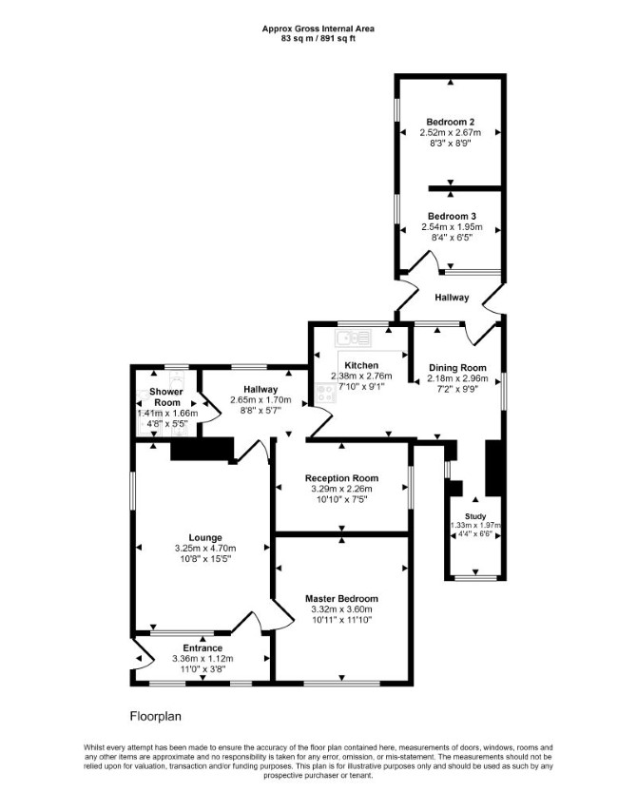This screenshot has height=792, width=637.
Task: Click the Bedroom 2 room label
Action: tap(450, 122)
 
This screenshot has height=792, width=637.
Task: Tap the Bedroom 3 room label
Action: tap(452, 216)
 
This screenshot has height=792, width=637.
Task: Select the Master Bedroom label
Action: tap(341, 599)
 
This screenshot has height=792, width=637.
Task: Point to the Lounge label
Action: tap(205, 538)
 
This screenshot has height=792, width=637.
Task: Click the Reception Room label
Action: tap(341, 478)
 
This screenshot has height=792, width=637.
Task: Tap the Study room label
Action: tap(475, 516)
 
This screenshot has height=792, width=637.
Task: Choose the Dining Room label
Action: tap(457, 368)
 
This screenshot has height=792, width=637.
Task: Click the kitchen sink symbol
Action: tap(354, 338)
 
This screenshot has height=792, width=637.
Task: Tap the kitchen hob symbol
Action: tap(325, 394)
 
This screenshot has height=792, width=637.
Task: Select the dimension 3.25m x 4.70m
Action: tap(205, 549)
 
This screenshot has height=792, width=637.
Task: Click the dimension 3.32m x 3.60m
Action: tap(341, 609)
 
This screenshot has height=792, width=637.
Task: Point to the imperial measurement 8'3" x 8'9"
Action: tap(450, 143)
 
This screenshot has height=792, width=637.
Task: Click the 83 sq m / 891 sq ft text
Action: tap(318, 38)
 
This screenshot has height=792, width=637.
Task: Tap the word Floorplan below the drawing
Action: tap(156, 716)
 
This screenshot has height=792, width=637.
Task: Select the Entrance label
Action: tap(203, 648)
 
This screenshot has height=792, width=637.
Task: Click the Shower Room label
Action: tap(166, 397)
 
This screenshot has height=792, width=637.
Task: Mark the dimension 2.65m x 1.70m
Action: tap(261, 400)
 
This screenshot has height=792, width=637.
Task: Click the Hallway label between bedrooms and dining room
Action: tap(452, 298)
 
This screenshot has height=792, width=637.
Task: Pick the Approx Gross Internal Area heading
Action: tap(318, 29)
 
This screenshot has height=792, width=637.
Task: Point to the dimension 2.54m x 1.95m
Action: tap(452, 227)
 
